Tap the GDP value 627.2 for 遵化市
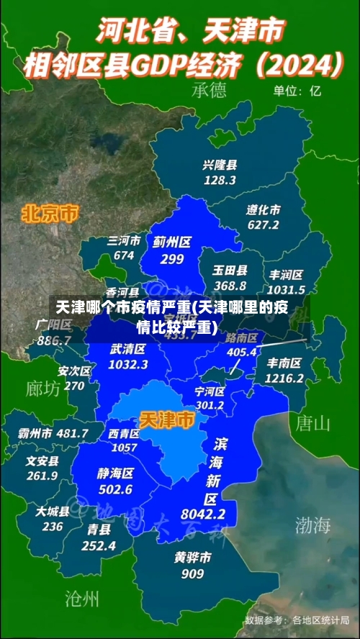[x=263, y=225]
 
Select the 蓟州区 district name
[x=171, y=243]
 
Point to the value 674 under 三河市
[x=124, y=255]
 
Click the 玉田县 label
[x=230, y=271]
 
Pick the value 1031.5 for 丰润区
[x=287, y=288]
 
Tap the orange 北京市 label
[x=50, y=213]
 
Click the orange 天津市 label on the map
[x=166, y=419]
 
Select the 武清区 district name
[x=128, y=349]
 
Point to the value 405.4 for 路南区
[x=242, y=352]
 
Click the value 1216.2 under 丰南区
[x=284, y=378]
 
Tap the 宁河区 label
[x=210, y=392]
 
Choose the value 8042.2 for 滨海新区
[x=203, y=514]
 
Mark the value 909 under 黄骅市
[x=192, y=574]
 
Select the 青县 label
[x=99, y=530]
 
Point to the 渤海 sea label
[x=312, y=525]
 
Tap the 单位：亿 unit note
[x=297, y=91]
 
